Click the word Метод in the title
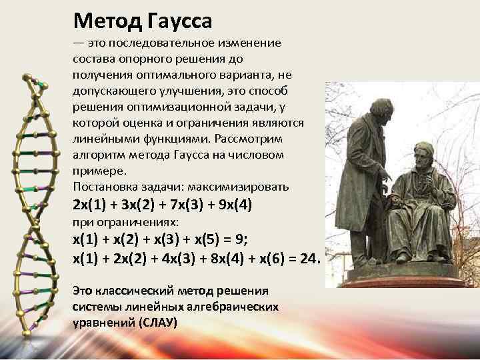105,21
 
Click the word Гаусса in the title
177,21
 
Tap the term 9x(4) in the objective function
233,205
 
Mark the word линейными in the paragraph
99,139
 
